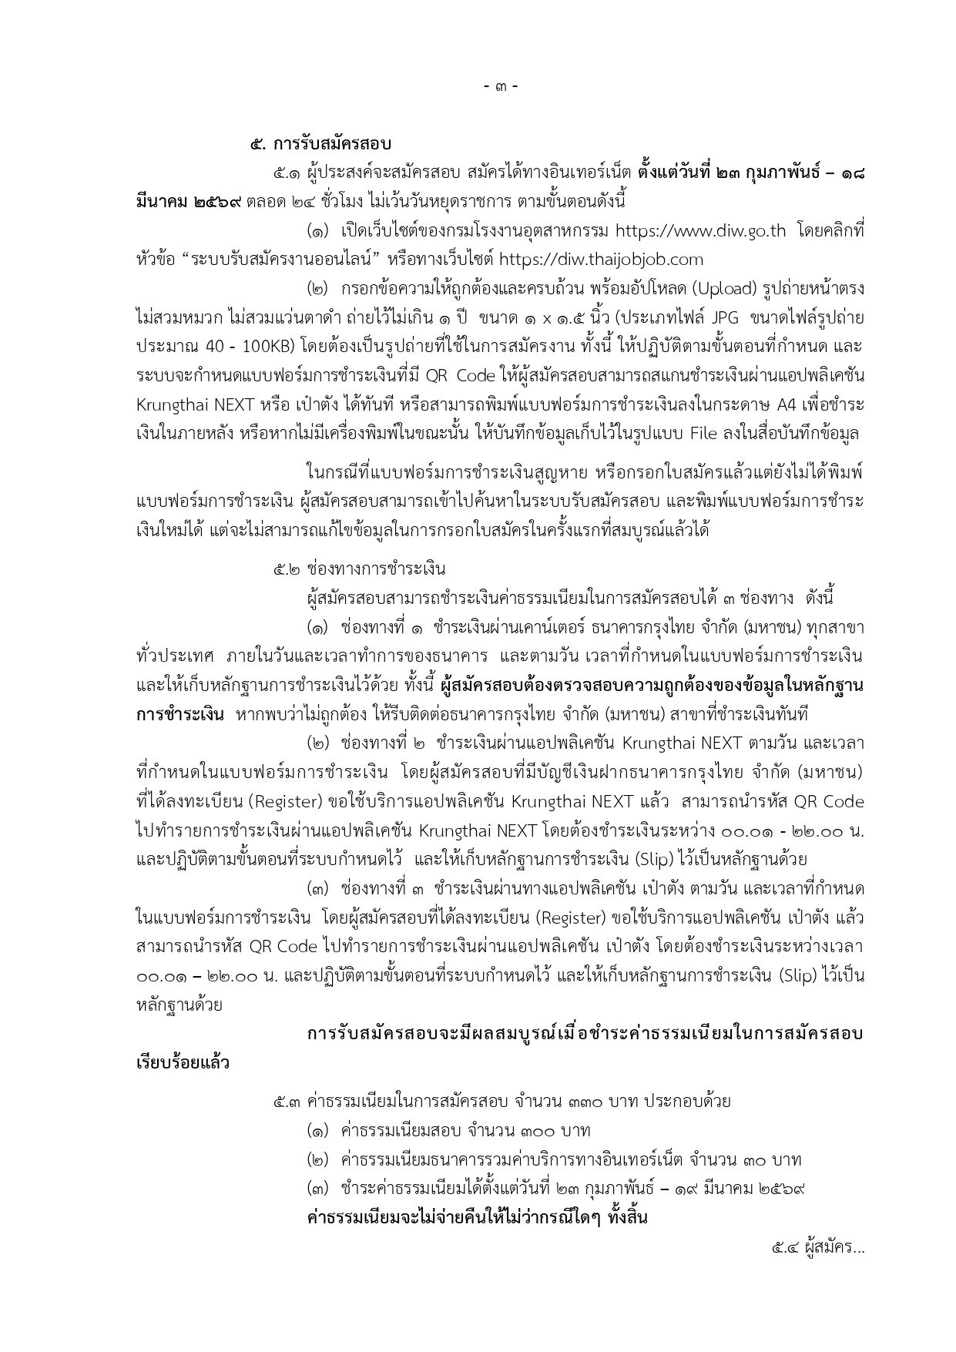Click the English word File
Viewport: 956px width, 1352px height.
[705, 434]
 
